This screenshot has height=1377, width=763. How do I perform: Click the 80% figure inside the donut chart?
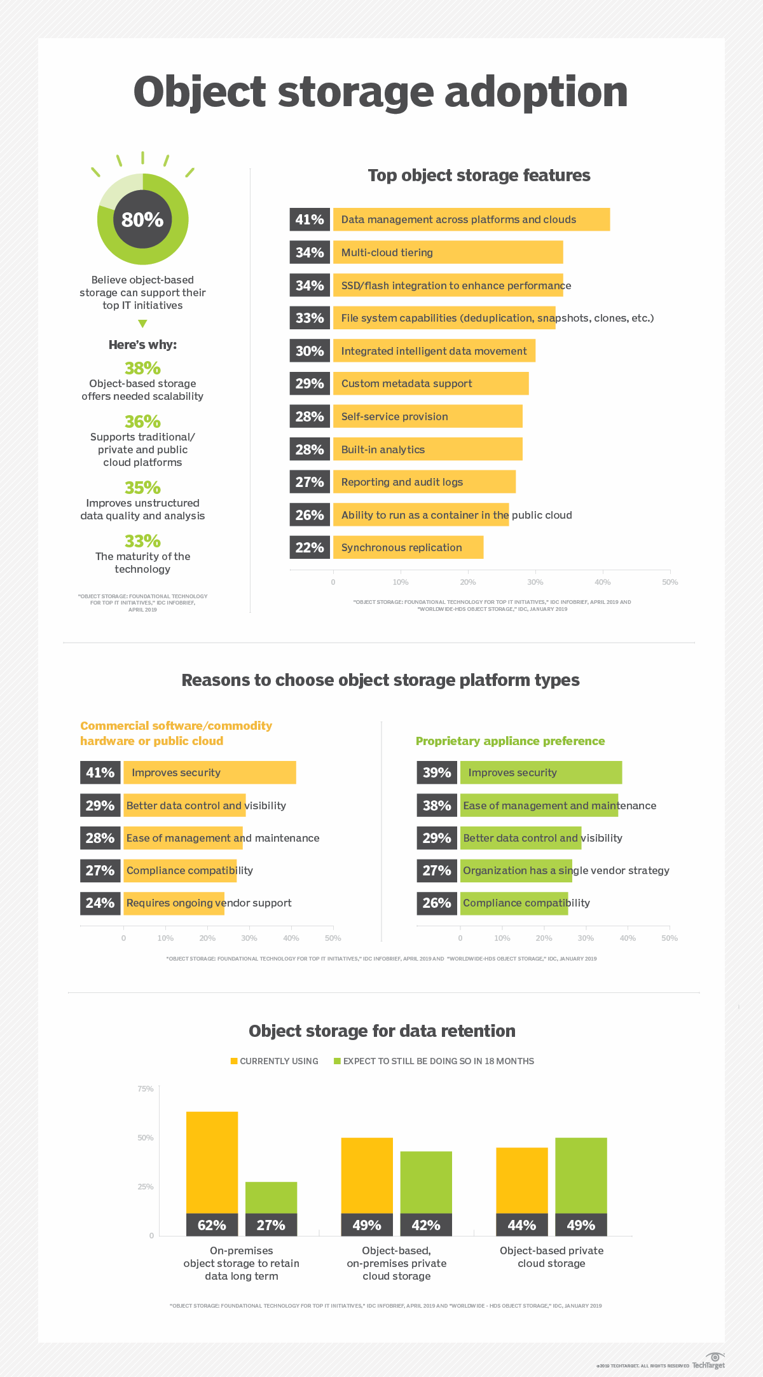click(142, 219)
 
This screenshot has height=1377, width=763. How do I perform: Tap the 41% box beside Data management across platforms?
click(310, 219)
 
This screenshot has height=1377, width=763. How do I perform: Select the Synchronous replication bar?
click(408, 547)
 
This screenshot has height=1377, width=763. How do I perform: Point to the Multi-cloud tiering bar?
click(448, 252)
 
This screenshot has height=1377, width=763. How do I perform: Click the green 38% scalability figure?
click(142, 368)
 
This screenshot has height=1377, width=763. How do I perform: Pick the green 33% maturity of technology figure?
click(142, 541)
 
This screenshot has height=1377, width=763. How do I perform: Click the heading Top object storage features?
click(479, 175)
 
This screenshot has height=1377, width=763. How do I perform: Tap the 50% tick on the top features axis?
click(670, 582)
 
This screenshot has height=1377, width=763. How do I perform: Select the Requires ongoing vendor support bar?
click(174, 903)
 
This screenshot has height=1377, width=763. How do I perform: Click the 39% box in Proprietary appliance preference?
click(437, 772)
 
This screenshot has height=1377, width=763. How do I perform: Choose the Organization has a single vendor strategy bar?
click(516, 870)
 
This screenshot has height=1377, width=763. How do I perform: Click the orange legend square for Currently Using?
click(234, 1061)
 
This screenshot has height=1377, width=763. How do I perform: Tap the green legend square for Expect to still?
click(337, 1061)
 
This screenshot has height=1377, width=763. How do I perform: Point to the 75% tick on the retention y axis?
click(146, 1089)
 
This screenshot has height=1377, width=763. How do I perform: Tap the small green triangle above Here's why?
click(142, 324)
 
